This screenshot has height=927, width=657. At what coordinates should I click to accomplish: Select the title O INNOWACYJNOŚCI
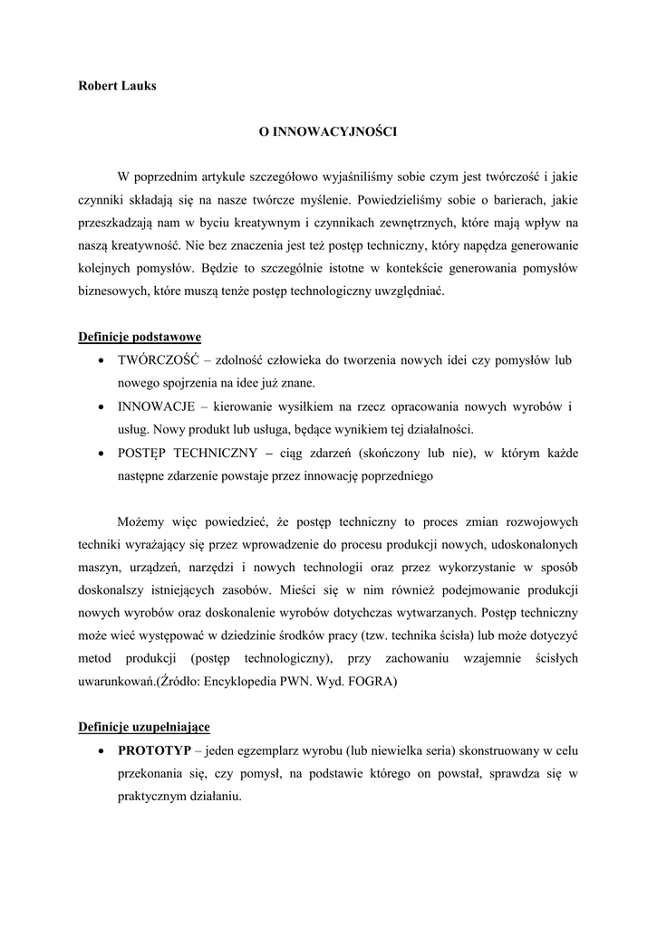click(x=328, y=131)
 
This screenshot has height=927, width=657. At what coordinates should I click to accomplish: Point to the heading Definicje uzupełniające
click(x=144, y=727)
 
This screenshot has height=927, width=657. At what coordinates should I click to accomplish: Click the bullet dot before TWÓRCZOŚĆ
click(x=99, y=361)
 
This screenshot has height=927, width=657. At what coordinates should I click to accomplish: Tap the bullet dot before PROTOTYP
click(x=99, y=751)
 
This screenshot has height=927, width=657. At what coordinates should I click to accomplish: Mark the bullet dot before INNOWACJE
click(x=99, y=407)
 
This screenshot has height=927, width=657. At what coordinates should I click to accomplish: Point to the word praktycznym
click(x=152, y=798)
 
